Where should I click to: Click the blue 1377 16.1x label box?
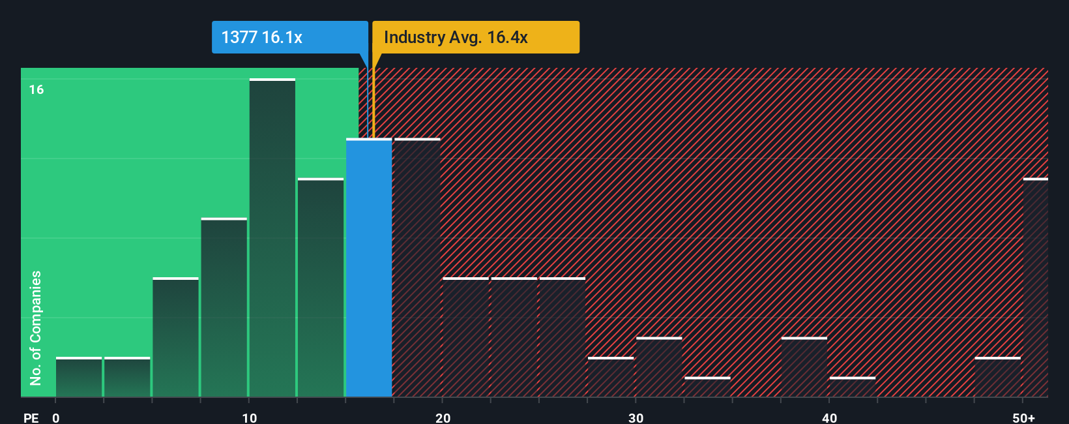[x=289, y=37]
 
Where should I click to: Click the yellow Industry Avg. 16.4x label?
[x=475, y=37]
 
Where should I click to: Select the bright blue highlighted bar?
[x=369, y=267]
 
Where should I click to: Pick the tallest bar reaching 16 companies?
[x=272, y=238]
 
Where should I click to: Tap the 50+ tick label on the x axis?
[x=1023, y=418]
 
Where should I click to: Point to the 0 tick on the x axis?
[x=56, y=418]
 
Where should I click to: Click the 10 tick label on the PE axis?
[x=249, y=418]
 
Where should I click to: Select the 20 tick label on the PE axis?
[x=443, y=418]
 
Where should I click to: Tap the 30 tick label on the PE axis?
[x=636, y=418]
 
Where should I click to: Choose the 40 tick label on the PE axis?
[x=829, y=418]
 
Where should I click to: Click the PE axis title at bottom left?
[x=31, y=418]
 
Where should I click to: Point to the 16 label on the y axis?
[x=37, y=89]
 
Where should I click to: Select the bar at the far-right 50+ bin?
[x=1035, y=287]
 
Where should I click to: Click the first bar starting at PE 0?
[x=79, y=377]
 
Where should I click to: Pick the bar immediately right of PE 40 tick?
[x=853, y=387]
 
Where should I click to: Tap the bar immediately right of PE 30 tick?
[x=659, y=367]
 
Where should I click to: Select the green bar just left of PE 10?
[x=224, y=307]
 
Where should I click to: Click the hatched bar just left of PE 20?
[x=417, y=267]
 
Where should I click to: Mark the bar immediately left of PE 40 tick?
[x=804, y=367]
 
